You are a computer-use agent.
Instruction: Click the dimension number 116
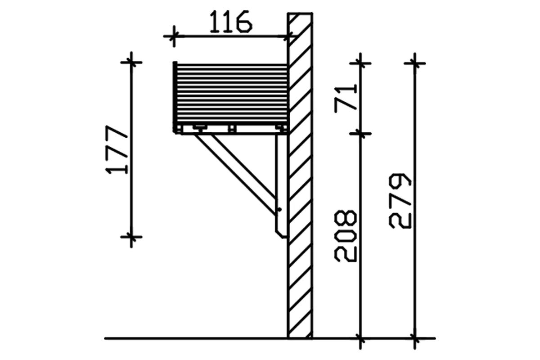pos(231,22)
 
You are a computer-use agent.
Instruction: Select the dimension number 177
pos(117,149)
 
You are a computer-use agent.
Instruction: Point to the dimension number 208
pos(345,236)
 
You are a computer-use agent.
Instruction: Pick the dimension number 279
pos(400,201)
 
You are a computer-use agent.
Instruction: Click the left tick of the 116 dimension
pos(174,36)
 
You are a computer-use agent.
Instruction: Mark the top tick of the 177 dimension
pos(131,63)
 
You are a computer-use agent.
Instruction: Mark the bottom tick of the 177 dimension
pos(131,237)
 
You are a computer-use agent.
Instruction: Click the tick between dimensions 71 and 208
pos(360,133)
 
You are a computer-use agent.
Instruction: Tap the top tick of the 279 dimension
pos(414,63)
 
